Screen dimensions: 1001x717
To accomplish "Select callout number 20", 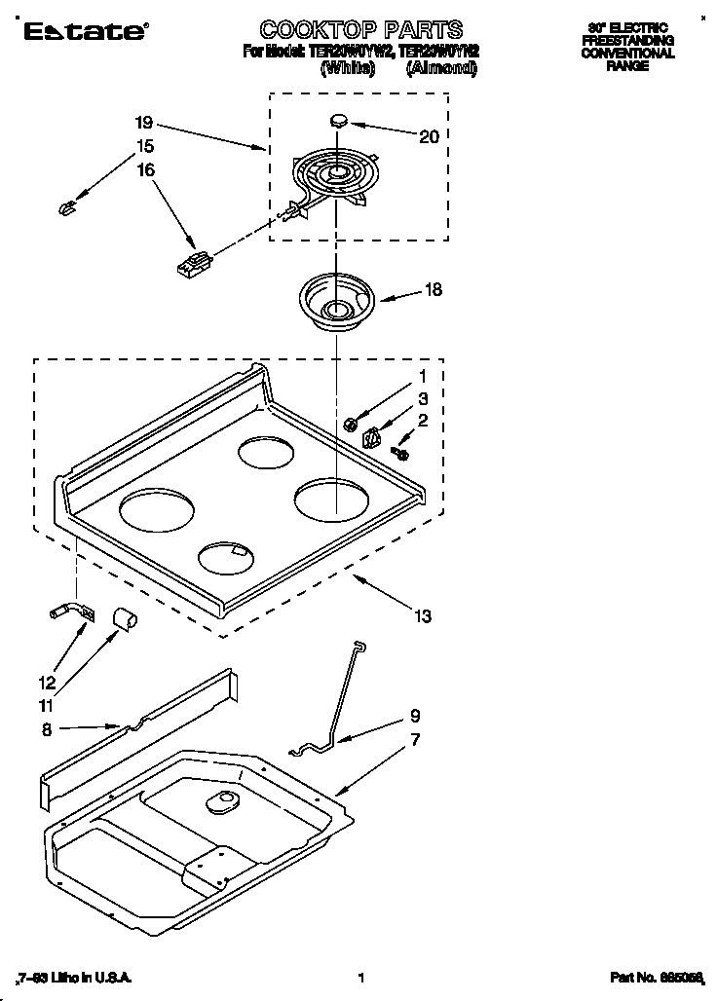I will click(x=429, y=137).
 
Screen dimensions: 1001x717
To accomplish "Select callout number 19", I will click(x=144, y=123).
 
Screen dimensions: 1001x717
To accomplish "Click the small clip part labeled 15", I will click(x=67, y=206).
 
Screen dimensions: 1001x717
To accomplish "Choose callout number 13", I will click(x=422, y=615).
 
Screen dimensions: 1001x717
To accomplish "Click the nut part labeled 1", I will click(x=350, y=423).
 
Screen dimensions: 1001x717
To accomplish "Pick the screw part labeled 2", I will click(x=400, y=453).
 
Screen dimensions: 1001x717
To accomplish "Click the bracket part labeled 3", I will click(x=371, y=439).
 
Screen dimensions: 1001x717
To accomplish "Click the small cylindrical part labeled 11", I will click(x=124, y=616).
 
